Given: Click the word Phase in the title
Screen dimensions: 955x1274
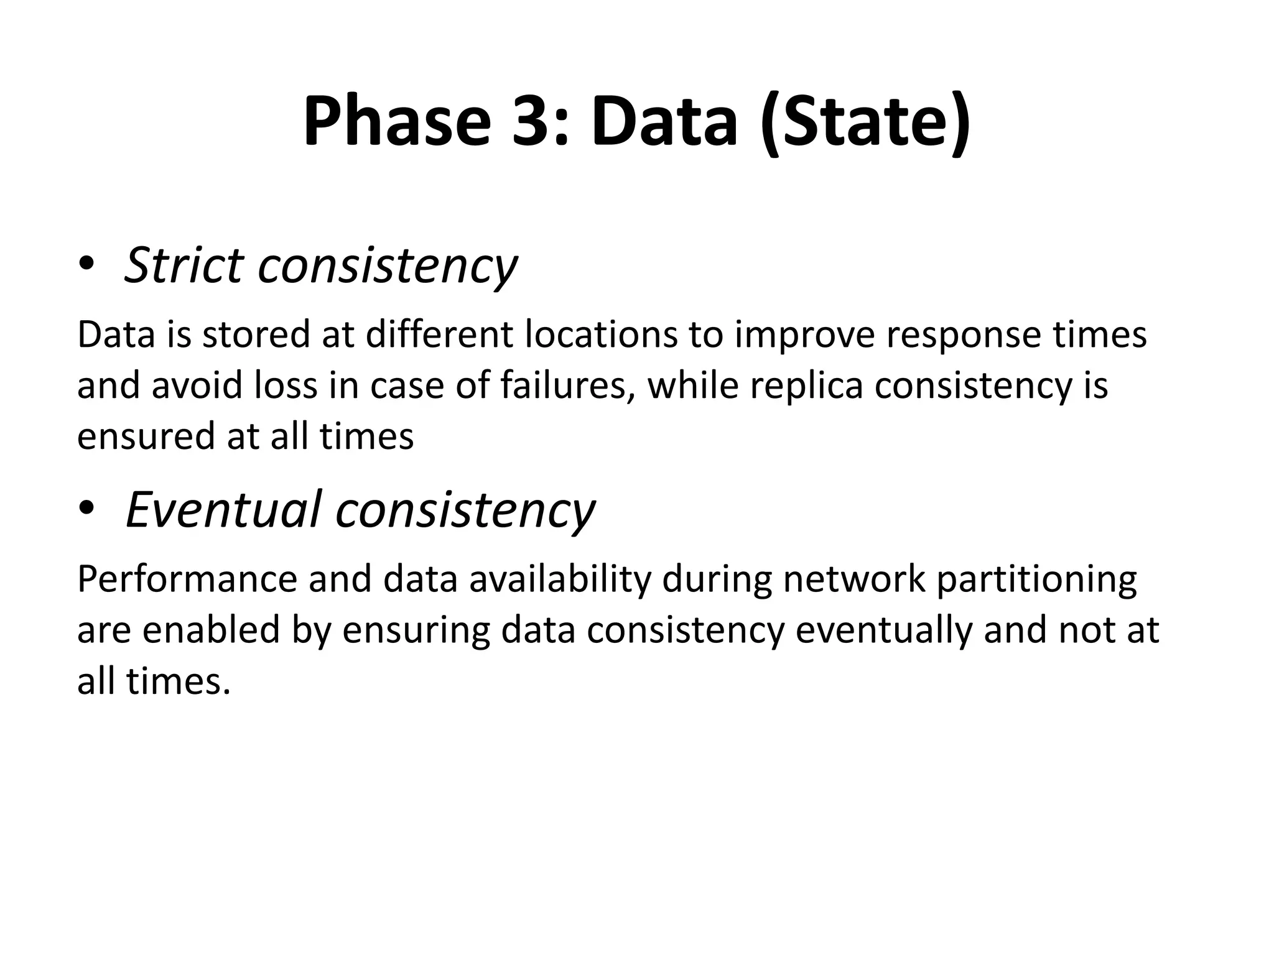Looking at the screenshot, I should (x=396, y=121).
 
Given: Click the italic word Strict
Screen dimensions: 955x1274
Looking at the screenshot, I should (x=184, y=265).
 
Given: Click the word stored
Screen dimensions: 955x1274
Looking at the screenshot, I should (x=255, y=334).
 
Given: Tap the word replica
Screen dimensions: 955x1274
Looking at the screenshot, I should (x=806, y=385).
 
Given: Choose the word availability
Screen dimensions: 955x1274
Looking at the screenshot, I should (x=559, y=579).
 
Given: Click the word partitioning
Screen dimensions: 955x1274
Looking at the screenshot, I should (x=1036, y=579).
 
